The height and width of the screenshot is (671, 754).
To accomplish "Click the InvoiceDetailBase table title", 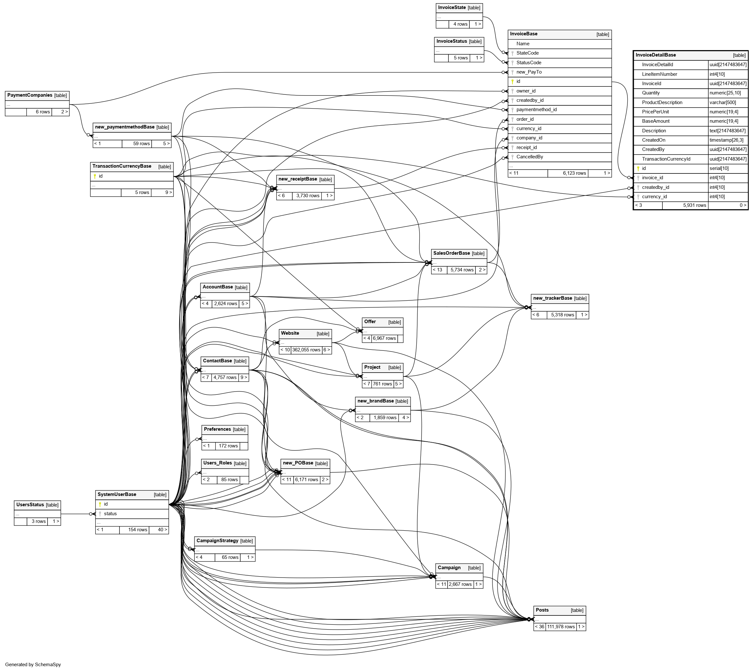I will click(x=655, y=55).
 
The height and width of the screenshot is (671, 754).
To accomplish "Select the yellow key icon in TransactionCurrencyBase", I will click(x=95, y=176).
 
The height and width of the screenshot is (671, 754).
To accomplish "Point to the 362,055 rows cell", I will click(x=306, y=350).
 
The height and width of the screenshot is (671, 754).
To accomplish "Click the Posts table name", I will click(x=542, y=610).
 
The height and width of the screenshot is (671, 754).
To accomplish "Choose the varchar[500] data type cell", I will click(x=723, y=102).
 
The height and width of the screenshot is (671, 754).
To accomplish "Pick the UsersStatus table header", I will click(x=30, y=505).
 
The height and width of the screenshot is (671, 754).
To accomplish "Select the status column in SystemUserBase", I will click(x=110, y=514).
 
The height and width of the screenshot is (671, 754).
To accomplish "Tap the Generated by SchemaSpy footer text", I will click(x=33, y=664).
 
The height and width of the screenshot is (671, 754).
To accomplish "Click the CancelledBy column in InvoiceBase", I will click(x=529, y=157).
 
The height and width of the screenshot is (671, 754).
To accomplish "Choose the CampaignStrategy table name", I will click(x=217, y=541).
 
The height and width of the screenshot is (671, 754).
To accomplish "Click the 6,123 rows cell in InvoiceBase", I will click(x=574, y=173).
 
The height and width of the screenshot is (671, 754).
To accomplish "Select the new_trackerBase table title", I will click(x=552, y=298).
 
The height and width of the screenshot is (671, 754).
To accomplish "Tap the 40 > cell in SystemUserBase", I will click(x=162, y=530).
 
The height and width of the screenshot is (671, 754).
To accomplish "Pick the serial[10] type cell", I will click(x=719, y=168).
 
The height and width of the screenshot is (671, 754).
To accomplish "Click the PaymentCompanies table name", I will click(x=30, y=95).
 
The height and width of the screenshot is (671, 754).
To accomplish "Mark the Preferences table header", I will click(x=217, y=429).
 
